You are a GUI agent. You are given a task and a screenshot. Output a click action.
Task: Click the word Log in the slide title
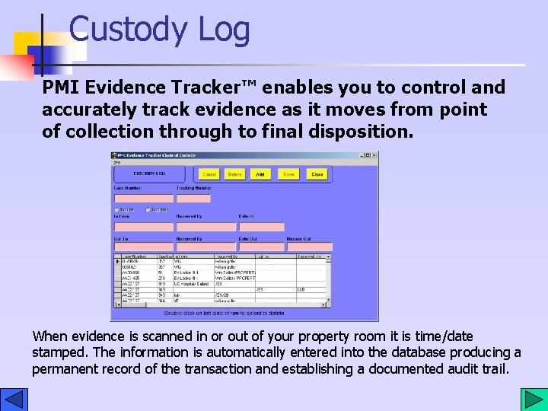224,30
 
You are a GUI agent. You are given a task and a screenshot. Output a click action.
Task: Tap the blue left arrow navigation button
14,399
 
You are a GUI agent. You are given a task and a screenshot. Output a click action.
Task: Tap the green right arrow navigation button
531,399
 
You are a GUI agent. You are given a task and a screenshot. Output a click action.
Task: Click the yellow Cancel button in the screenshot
209,174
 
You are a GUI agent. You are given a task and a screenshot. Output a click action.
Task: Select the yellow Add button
260,174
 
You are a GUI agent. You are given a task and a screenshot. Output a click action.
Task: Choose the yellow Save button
288,174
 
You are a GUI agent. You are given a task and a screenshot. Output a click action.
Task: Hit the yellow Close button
317,174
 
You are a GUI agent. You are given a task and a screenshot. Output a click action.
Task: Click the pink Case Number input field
143,199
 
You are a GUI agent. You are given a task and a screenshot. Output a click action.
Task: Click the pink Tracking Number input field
193,199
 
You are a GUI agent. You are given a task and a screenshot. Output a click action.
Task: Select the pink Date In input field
261,227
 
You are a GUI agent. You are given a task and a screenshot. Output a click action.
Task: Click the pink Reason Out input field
309,247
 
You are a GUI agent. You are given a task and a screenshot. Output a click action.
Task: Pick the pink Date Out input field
261,247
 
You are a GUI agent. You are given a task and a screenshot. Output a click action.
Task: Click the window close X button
374,155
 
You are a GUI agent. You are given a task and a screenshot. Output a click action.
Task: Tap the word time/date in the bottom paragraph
447,336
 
